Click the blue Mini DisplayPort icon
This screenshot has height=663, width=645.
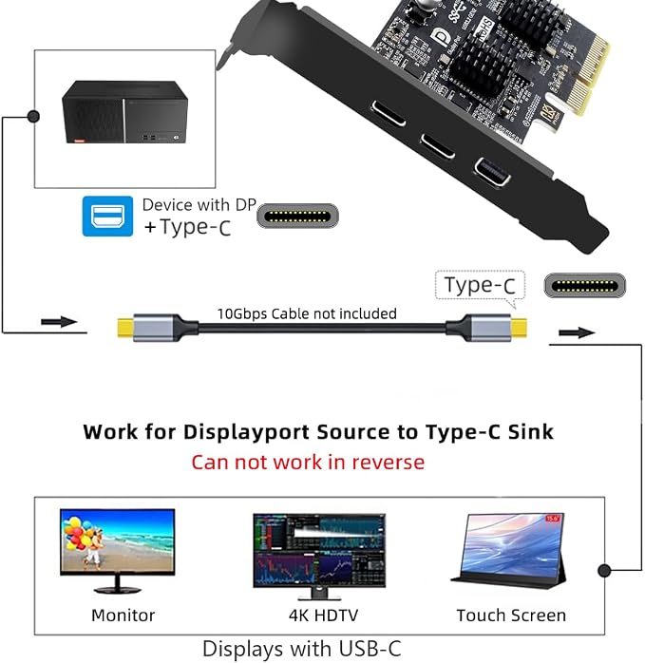tap(107, 216)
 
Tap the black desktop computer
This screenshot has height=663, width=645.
tap(124, 112)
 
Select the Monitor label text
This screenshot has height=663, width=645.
tap(123, 616)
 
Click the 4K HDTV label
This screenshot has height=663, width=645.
tap(324, 616)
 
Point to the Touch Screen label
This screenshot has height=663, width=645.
tap(511, 616)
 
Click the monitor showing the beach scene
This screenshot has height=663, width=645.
tap(117, 550)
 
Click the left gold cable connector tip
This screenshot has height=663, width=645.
tap(125, 328)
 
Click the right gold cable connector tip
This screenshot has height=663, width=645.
tap(519, 328)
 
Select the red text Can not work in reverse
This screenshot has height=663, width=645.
tap(308, 463)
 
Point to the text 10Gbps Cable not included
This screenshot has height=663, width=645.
tap(307, 313)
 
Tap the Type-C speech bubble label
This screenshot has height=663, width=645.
tap(480, 286)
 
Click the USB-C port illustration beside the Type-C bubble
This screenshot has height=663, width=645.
tap(584, 285)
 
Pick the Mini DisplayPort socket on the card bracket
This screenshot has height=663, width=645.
tap(491, 171)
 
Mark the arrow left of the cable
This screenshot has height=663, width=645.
tap(59, 322)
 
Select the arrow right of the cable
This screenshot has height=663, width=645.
tap(577, 332)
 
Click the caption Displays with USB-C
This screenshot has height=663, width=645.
tap(301, 649)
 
